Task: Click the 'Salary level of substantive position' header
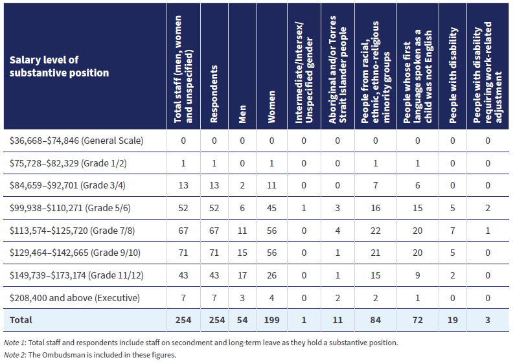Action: (x=59, y=66)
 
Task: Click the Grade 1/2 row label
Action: (x=68, y=163)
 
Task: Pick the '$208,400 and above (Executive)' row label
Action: (x=74, y=297)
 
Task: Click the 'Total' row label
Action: (x=21, y=320)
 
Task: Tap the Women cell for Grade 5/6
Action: (x=271, y=208)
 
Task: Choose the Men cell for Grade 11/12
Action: (x=242, y=275)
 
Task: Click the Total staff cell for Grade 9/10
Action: (x=183, y=253)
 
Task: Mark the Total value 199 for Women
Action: (x=271, y=320)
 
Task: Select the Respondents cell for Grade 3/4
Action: (x=214, y=185)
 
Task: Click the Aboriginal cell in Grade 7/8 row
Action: (x=338, y=230)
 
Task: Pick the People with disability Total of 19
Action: (x=453, y=320)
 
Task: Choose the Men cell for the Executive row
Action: (x=242, y=297)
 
